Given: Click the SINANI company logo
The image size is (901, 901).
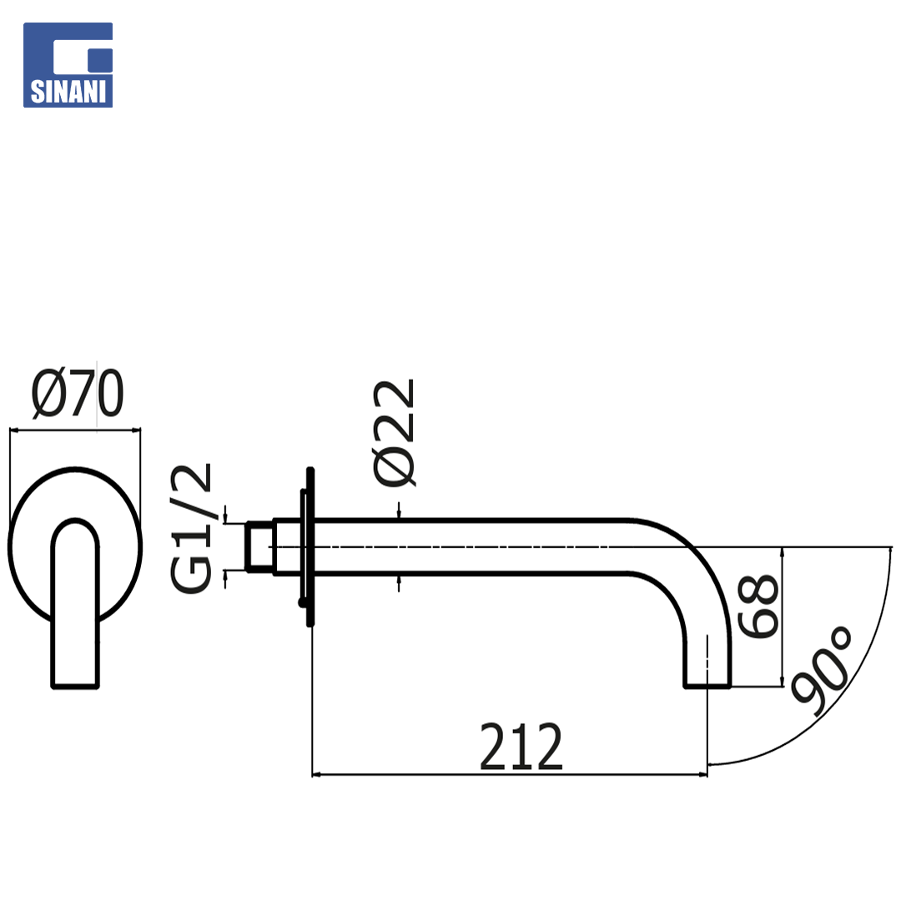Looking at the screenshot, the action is pos(68,65).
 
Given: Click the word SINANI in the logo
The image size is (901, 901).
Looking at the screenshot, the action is pos(68,92).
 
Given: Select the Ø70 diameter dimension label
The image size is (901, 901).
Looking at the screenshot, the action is pos(78,393).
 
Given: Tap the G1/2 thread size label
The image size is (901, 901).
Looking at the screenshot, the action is pos(191,528).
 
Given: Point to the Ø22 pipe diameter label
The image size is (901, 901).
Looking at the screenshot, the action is pos(394,433).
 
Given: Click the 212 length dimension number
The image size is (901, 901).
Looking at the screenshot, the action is pos(521,747).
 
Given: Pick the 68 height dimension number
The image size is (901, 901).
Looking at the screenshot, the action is pos(758,606).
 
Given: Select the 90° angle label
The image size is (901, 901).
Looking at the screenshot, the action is pos(823,671).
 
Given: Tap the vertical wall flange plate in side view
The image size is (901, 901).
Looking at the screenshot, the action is pos(310,546).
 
